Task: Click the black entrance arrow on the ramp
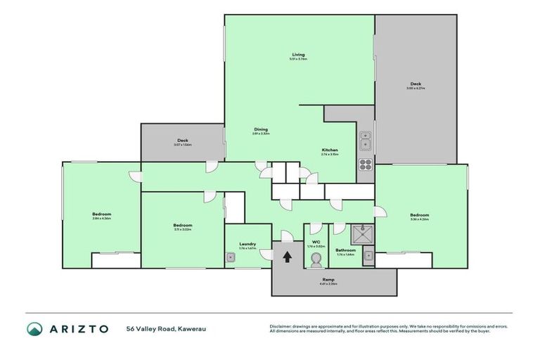[287, 257]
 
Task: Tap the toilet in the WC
[315, 261]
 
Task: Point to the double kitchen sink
[366, 141]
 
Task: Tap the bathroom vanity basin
[368, 259]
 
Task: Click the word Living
[299, 55]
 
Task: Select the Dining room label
[261, 129]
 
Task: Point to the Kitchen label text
[330, 150]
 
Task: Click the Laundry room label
[247, 244]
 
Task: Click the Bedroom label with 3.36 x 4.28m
[420, 214]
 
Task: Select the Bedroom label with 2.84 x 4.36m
[101, 214]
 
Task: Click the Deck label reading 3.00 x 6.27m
[416, 83]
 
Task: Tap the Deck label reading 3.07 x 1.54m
[182, 141]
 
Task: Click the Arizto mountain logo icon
[34, 328]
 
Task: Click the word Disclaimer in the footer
[281, 326]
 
